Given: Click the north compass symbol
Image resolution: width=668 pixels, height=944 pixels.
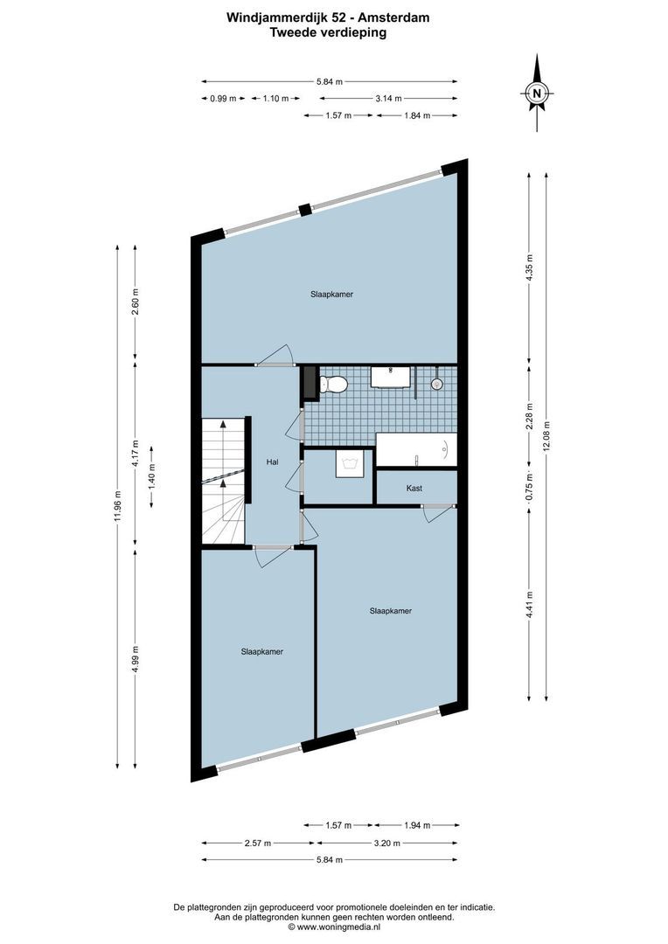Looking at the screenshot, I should [539, 92].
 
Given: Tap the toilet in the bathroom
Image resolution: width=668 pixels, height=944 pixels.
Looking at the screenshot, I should [333, 384].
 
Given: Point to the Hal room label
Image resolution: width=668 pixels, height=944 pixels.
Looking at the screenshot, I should [272, 462].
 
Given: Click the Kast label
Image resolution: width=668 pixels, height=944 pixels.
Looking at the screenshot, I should [414, 488].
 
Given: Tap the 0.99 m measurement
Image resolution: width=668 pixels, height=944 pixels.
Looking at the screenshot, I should [223, 99].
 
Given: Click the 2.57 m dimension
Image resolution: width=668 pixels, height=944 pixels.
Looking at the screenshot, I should [258, 843].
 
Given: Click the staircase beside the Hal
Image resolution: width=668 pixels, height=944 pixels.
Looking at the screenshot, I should [223, 481].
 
